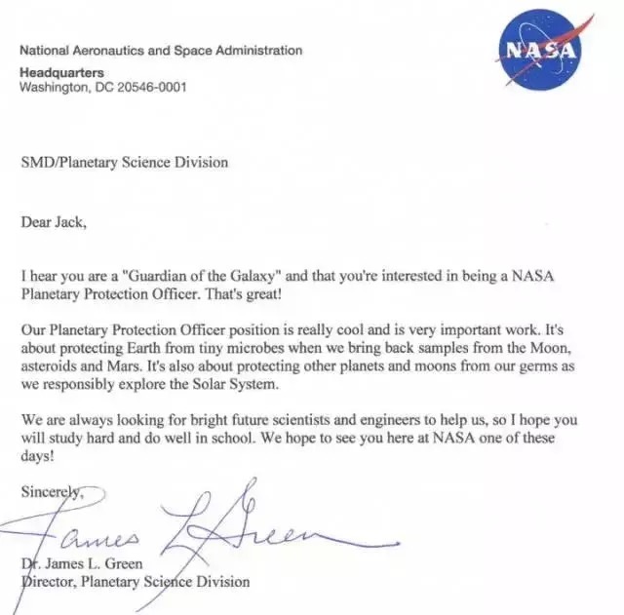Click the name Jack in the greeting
[68, 222]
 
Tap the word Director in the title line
[49, 582]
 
